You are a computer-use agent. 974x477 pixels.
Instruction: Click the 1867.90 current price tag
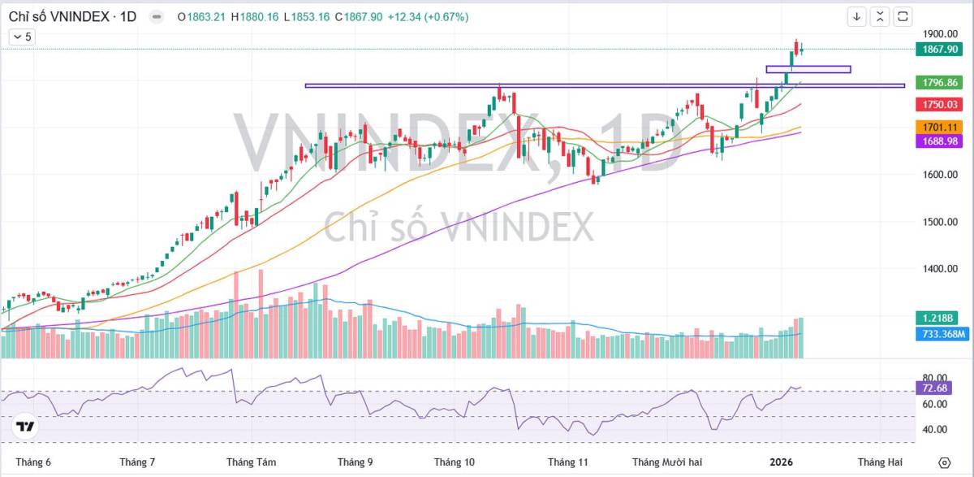click(x=940, y=50)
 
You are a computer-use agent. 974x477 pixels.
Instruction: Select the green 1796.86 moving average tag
click(x=940, y=82)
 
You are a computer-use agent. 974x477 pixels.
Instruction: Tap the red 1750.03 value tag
click(x=940, y=105)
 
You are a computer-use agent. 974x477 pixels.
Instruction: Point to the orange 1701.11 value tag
click(x=940, y=127)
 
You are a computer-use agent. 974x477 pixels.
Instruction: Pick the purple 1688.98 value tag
click(x=940, y=141)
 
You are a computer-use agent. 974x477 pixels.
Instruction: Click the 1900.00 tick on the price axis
click(x=940, y=34)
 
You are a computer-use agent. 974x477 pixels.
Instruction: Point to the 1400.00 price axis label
click(x=940, y=269)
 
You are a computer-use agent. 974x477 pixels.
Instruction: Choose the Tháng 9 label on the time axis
click(x=356, y=462)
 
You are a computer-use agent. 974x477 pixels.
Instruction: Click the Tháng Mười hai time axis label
click(x=667, y=462)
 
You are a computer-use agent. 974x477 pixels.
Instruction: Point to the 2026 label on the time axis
click(x=781, y=462)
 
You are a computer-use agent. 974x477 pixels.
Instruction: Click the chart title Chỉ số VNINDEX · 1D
click(x=71, y=17)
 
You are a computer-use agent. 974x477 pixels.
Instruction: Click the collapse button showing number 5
click(x=23, y=37)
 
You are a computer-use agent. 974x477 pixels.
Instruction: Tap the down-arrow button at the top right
click(x=857, y=16)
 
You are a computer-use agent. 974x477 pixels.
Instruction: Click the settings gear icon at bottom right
click(x=944, y=462)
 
